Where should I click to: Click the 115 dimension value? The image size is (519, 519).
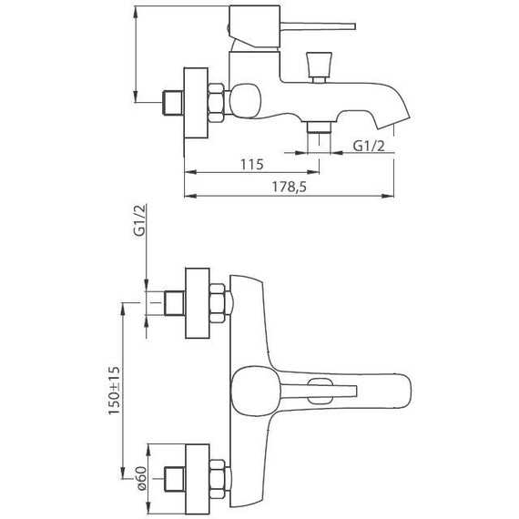251,165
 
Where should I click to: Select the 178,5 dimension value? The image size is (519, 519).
289,188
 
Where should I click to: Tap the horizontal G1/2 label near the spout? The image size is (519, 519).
369,146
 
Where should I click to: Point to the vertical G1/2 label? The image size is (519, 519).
139,220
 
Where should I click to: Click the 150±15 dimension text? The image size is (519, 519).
114,391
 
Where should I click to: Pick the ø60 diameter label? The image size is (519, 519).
140,479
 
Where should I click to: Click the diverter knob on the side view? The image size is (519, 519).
320,67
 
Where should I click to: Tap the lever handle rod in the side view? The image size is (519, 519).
318,26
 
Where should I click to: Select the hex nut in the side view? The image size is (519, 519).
216,103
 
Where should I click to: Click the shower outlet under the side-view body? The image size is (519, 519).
319,127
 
